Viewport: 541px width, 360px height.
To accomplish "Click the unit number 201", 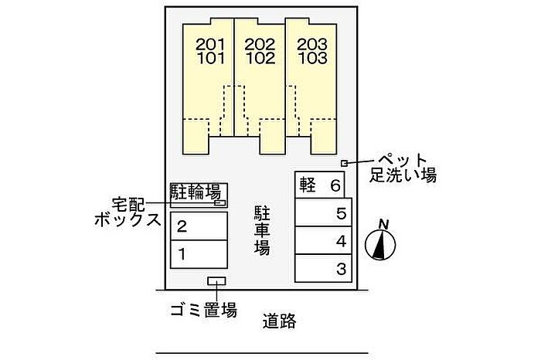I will coord(209,44).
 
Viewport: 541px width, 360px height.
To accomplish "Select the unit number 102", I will coord(260,58).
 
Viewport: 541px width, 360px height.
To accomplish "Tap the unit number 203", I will coord(311,44).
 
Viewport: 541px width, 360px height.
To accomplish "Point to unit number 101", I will coord(209,58).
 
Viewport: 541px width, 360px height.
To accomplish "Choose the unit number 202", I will coord(260,44).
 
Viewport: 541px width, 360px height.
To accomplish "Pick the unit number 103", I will coord(311,58).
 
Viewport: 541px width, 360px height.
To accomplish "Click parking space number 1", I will coord(182,253).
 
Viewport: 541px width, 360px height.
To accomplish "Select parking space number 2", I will coord(182,227).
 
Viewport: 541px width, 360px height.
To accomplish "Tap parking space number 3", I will coord(340,269).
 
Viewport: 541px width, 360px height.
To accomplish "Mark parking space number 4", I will coord(340,241).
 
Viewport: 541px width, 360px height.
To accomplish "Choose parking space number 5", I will coord(340,214).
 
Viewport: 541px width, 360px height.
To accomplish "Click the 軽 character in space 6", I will coord(308,186).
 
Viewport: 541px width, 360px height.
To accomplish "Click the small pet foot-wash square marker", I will coord(344,162).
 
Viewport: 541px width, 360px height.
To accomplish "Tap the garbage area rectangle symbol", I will coord(217,283).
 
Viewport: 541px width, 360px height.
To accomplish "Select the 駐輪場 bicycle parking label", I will coord(196,192).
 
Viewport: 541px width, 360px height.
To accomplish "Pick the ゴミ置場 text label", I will coord(202,311).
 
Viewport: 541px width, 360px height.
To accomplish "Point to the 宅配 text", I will coord(128,205).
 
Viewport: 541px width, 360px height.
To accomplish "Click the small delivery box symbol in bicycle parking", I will coord(219,202).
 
